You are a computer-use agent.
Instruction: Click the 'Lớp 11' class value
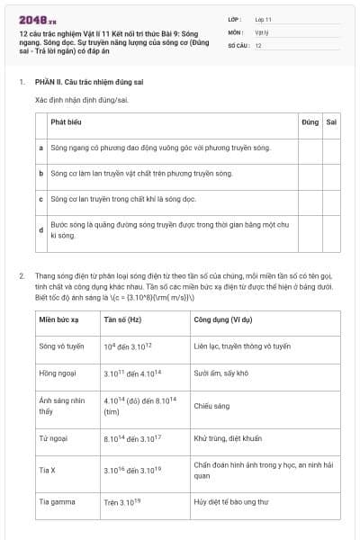coord(263,18)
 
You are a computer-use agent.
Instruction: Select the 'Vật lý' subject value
coord(262,31)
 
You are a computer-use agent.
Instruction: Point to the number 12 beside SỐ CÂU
coord(258,45)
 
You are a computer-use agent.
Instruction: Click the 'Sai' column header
coord(331,121)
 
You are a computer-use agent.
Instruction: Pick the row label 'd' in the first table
coord(41,230)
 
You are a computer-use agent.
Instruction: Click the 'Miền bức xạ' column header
coord(59,319)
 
